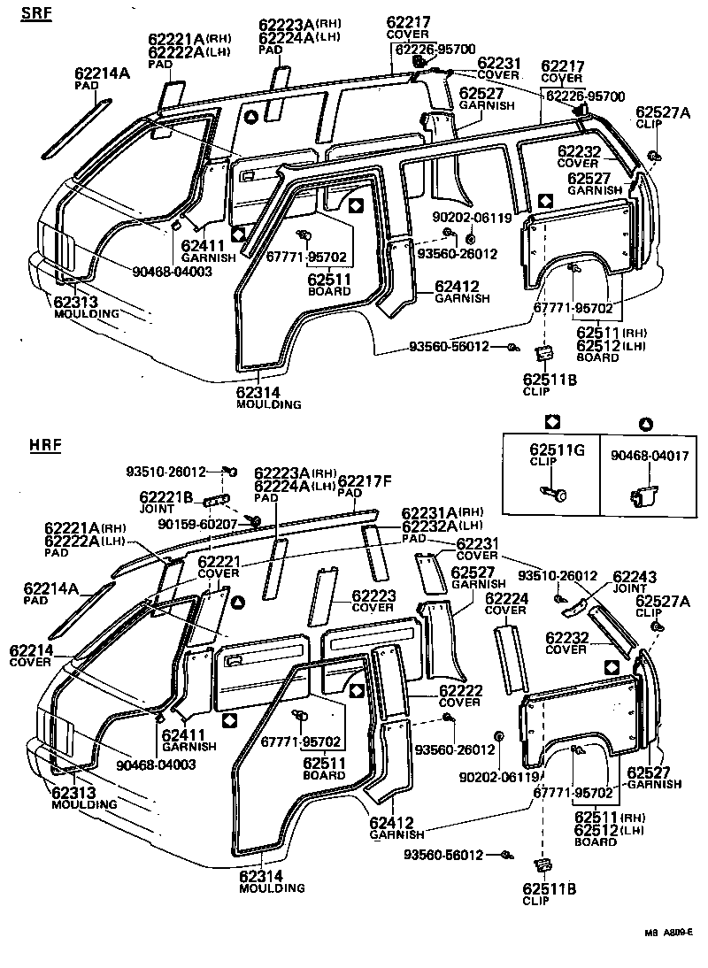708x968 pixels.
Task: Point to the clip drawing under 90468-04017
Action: [644, 498]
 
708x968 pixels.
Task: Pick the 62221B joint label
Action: [165, 497]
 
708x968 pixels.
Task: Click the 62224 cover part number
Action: [509, 597]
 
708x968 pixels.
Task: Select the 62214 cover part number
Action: [32, 650]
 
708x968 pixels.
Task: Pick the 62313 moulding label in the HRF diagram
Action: [77, 793]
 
